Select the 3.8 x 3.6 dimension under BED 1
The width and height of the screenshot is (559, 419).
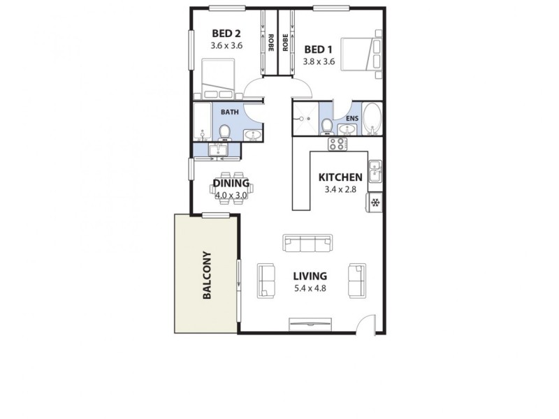319,61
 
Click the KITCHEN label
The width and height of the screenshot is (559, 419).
340,177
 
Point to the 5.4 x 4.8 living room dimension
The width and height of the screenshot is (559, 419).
310,288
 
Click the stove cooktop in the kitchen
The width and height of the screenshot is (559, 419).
337,144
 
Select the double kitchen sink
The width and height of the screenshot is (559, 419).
375,171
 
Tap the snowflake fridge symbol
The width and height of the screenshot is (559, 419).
375,203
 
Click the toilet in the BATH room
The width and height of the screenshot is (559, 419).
224,132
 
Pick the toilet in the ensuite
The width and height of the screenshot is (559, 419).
327,126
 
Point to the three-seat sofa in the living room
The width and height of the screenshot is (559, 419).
307,243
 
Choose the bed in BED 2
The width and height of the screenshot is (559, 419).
219,80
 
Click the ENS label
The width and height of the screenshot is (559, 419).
351,119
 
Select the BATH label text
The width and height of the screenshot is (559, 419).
229,112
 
